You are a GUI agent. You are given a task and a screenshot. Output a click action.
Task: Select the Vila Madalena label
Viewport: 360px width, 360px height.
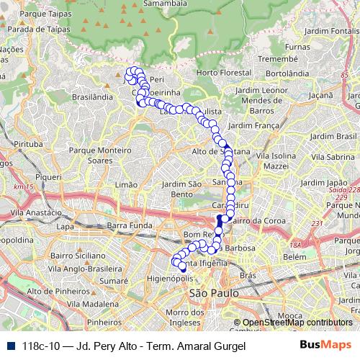tap(92, 304)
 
